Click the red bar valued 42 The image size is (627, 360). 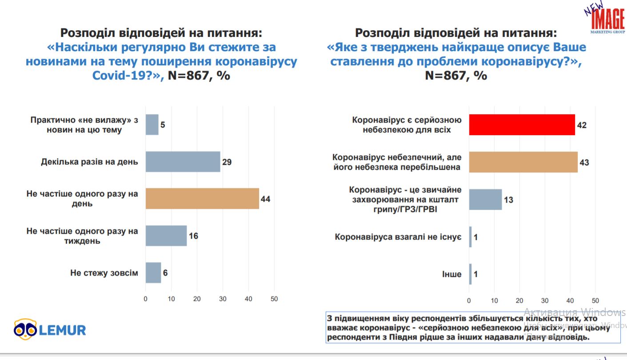[522, 125]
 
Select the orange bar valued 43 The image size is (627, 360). [523, 162]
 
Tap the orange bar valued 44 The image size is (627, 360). [202, 199]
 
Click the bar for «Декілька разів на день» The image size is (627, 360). [183, 162]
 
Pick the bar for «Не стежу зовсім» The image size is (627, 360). [153, 272]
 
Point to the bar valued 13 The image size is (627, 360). [485, 200]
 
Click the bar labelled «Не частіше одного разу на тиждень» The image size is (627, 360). [166, 236]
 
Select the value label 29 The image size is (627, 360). [227, 162]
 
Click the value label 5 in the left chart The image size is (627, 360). [163, 125]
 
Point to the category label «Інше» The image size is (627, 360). [451, 274]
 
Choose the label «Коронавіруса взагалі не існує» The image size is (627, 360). [398, 237]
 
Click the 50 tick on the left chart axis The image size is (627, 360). [274, 299]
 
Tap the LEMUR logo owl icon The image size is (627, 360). [24, 329]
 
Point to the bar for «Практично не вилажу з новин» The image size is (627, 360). [152, 125]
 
